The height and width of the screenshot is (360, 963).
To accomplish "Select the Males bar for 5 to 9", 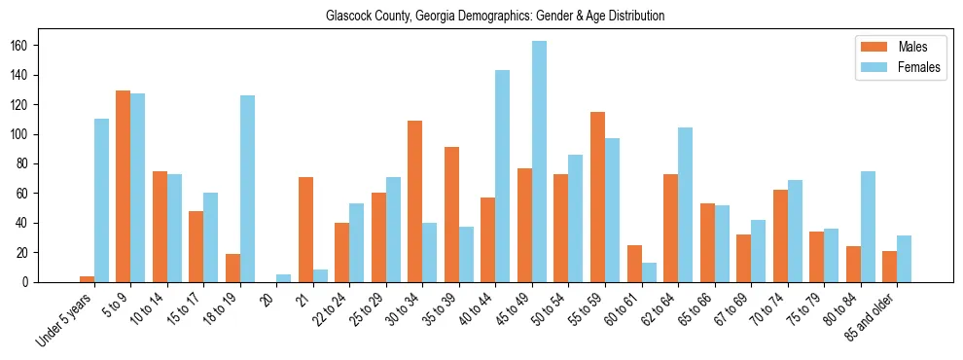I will click(x=124, y=187).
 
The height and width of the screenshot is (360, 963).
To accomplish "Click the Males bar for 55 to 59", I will click(x=597, y=198).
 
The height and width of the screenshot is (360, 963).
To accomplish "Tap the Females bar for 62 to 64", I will click(x=685, y=205).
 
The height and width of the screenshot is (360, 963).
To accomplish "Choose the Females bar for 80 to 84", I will click(x=868, y=227).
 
